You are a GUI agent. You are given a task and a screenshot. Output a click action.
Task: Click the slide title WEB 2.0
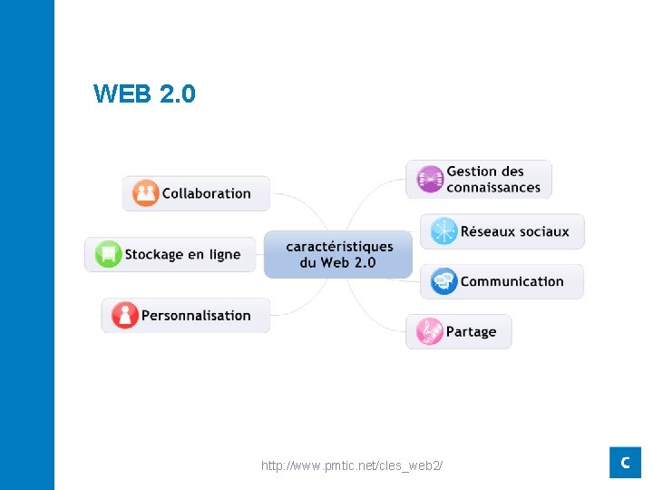click(x=144, y=93)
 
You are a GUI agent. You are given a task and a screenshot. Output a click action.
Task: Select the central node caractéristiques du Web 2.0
click(x=338, y=254)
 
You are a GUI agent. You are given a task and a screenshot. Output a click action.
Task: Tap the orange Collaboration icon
click(x=145, y=193)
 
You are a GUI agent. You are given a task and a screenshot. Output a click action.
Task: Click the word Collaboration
click(x=206, y=193)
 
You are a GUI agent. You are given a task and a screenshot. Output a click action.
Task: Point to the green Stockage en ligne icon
click(x=108, y=254)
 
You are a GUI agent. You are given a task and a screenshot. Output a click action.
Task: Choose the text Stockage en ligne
click(x=182, y=255)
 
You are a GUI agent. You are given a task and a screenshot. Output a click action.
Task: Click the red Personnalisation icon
click(x=124, y=315)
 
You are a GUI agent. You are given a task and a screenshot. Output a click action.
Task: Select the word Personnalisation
click(x=196, y=316)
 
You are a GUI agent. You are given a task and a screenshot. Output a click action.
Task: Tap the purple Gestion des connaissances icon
click(x=430, y=179)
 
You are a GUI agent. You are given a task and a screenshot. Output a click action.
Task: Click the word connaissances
click(x=493, y=188)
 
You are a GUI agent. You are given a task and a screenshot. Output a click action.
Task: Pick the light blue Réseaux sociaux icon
click(x=443, y=231)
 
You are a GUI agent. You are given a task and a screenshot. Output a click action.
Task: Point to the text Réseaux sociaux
click(x=514, y=231)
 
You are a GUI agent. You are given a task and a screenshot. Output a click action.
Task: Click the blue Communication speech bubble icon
click(x=443, y=281)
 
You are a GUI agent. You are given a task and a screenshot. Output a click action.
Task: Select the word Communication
click(x=512, y=281)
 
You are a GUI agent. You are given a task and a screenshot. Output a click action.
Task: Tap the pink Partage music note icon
click(x=429, y=331)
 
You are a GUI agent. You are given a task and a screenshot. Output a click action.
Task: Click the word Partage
click(x=471, y=332)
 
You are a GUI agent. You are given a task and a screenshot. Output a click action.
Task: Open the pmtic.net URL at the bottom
click(x=352, y=465)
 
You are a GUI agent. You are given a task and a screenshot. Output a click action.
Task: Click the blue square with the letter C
click(x=625, y=462)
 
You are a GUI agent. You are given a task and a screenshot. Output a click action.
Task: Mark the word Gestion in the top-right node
click(x=472, y=171)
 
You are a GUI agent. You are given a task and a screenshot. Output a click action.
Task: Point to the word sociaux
click(x=543, y=231)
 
